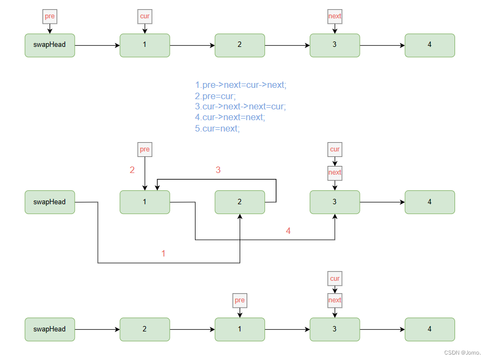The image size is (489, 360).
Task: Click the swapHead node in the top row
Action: point(50,45)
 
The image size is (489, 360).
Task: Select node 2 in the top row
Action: point(240,45)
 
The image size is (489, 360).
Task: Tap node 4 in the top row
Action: point(429,45)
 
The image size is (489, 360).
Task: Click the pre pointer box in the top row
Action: point(50,17)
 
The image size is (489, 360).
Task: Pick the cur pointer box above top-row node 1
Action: point(145,17)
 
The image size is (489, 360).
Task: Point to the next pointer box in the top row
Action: point(334,17)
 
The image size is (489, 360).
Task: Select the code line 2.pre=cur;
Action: point(215,96)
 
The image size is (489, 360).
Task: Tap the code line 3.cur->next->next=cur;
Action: point(240,107)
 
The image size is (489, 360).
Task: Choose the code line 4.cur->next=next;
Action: point(230,117)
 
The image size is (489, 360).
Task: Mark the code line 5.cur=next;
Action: point(217,129)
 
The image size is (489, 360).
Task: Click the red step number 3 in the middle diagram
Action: point(218,170)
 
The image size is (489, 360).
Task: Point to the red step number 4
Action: point(288,231)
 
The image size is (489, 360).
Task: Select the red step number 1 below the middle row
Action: point(164,253)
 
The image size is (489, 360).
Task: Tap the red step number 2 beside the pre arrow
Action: point(132,170)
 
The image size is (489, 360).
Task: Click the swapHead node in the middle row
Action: point(50,202)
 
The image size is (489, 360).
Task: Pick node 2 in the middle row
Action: point(240,202)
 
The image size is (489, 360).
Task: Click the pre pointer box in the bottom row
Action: point(240,300)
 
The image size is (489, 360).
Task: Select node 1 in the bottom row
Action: point(240,329)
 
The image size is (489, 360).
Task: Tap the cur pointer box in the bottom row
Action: point(334,279)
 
